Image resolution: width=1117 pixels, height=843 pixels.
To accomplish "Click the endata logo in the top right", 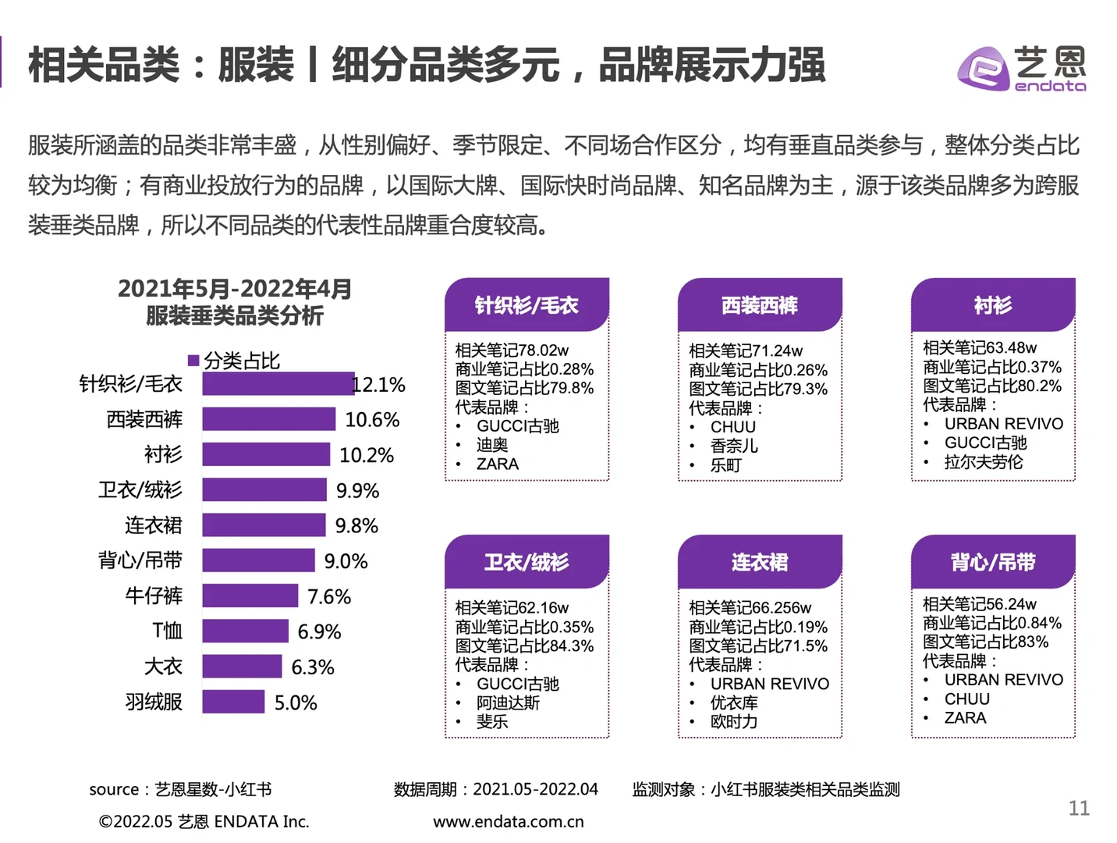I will (x=1021, y=69).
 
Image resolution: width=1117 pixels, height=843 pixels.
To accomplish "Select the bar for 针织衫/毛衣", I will (x=278, y=384).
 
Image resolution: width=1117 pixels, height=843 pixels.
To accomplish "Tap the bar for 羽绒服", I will (x=233, y=702).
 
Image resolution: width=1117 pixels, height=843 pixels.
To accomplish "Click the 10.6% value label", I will (x=372, y=420).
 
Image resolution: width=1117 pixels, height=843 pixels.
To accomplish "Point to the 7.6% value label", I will (x=328, y=597).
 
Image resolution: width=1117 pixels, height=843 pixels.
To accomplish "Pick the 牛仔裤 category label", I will (x=154, y=596).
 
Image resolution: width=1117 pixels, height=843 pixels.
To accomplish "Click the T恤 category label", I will (x=167, y=631).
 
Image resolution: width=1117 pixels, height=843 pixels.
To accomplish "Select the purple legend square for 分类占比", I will (x=193, y=361).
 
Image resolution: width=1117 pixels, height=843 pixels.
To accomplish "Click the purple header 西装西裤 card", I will (x=759, y=305).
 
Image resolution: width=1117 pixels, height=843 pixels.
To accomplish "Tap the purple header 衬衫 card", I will (x=992, y=305).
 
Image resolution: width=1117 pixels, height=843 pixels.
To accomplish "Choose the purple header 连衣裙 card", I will (x=759, y=562).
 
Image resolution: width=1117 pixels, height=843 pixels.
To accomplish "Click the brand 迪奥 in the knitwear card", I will (x=492, y=445).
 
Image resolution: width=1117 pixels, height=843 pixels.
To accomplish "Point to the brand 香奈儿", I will (x=733, y=446).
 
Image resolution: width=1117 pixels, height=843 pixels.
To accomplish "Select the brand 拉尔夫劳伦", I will (x=983, y=462).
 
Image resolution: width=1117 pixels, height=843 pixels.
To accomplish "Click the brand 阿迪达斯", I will (x=508, y=702).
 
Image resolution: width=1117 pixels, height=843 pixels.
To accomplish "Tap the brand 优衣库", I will (x=733, y=702).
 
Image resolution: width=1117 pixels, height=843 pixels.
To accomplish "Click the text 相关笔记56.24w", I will (x=979, y=604).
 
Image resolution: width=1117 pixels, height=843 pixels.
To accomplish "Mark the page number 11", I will (x=1079, y=808).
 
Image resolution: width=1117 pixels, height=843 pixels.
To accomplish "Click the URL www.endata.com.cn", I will (x=508, y=821).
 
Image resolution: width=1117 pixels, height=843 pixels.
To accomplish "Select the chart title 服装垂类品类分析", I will (x=234, y=316).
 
